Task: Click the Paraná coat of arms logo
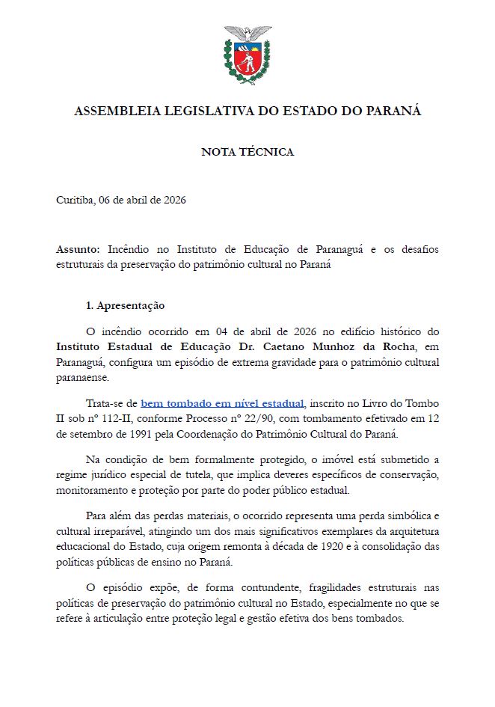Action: click(248, 54)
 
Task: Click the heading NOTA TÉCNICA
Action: click(248, 152)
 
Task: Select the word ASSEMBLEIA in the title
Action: click(117, 111)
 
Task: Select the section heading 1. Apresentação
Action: click(125, 306)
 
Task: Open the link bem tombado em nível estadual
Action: click(222, 403)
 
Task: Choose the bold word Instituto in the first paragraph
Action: click(80, 346)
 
